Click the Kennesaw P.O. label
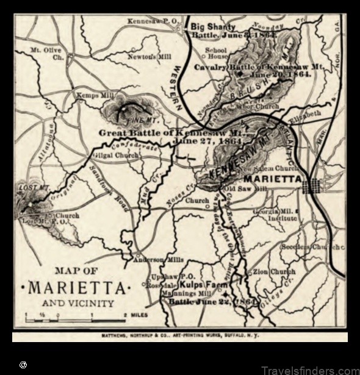coord(153,21)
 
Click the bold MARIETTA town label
coord(272,179)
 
